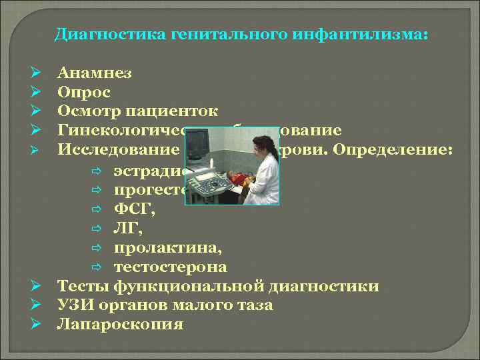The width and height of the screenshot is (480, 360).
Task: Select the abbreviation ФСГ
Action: [131, 211]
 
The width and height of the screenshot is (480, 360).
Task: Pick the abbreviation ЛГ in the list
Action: [127, 230]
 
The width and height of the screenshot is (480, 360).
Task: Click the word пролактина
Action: [168, 249]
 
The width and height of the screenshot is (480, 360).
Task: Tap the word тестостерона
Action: [170, 267]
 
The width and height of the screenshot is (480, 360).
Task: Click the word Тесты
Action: [83, 287]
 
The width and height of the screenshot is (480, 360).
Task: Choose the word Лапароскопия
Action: [120, 325]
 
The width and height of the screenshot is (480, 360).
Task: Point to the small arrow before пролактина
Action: [97, 249]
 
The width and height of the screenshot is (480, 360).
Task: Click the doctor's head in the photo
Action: [262, 145]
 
